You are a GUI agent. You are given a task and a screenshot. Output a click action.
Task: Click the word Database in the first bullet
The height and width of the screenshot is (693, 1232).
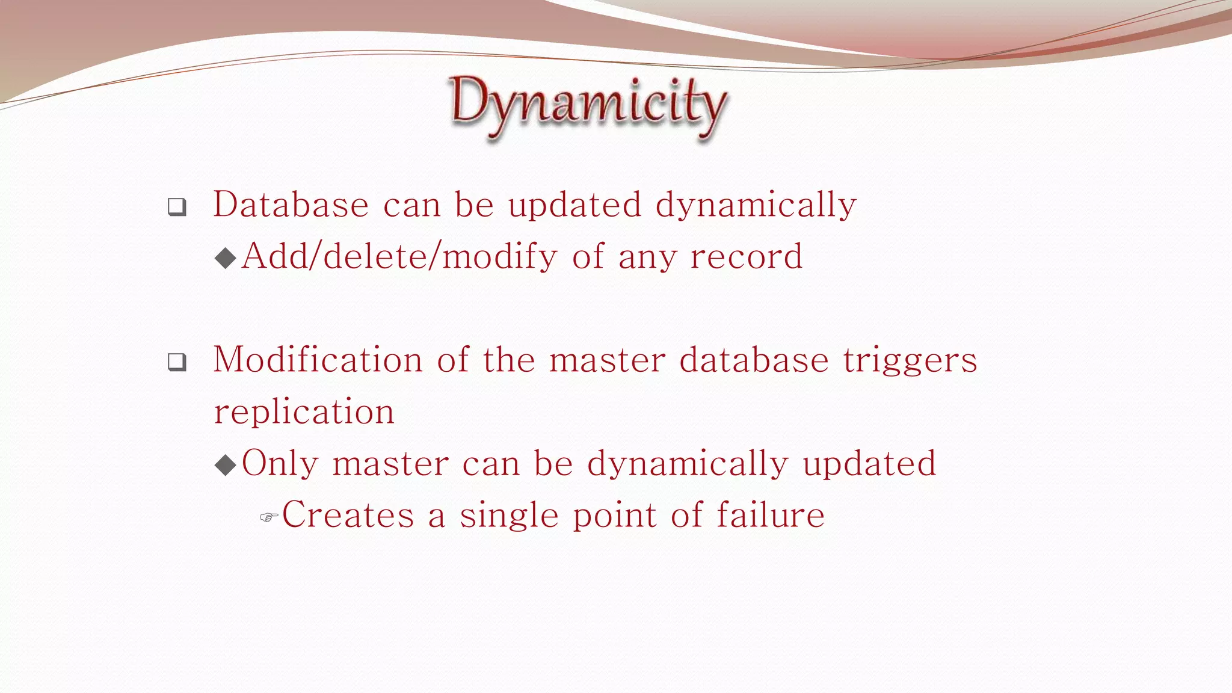(x=291, y=205)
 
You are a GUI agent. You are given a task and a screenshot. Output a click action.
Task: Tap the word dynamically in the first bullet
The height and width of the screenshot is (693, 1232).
(x=756, y=206)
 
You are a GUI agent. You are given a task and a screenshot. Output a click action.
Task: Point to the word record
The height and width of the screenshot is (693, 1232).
(x=746, y=257)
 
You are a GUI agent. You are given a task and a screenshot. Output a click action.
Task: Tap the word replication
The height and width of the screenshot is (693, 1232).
(x=304, y=412)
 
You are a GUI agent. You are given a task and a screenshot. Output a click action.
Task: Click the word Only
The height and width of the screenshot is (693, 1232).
(x=280, y=464)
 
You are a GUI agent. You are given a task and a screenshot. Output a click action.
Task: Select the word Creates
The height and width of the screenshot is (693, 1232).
(x=348, y=516)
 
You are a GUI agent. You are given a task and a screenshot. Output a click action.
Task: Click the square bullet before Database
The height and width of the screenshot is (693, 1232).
(x=177, y=207)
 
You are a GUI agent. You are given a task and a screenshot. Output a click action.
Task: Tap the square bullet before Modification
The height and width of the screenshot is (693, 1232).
(x=177, y=362)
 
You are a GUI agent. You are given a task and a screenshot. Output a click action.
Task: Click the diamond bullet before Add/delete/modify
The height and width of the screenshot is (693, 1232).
(x=226, y=259)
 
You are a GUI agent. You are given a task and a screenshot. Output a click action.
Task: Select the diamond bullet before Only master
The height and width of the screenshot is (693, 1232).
(x=226, y=465)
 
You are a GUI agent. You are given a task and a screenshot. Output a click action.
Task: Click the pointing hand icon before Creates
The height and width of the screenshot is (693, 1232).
(x=268, y=517)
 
